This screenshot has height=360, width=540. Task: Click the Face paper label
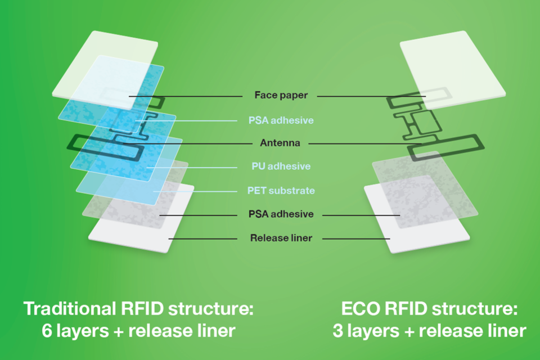[281, 95]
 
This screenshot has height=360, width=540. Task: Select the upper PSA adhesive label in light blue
[281, 120]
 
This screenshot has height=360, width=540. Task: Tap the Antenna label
[280, 143]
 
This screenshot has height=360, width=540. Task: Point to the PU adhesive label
[281, 166]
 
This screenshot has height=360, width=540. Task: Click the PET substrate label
[281, 190]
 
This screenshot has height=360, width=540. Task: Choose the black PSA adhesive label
[281, 214]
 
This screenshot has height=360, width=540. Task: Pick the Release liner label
[281, 238]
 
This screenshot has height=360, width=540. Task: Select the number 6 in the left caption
[47, 331]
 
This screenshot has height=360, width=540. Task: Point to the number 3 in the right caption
[338, 331]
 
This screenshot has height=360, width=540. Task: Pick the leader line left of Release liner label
[202, 238]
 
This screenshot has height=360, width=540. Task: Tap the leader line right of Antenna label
[366, 143]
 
